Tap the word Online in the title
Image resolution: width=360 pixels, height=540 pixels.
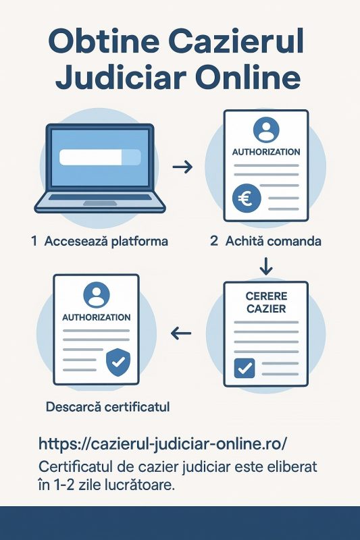248,78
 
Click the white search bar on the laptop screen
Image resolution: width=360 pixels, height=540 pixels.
100,157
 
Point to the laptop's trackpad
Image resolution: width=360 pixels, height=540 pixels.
100,204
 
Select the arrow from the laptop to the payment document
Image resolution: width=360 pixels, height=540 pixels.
182,167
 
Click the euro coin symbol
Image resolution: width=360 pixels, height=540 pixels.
247,198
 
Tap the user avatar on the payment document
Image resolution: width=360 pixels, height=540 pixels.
266,130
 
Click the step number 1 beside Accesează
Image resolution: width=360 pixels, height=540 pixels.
34,241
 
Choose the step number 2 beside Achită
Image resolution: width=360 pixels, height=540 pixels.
214,241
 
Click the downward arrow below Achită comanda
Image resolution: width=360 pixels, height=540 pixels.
266,265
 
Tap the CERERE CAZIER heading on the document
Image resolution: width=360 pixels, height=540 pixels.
266,302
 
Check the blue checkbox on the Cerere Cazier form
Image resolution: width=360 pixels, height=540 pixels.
245,368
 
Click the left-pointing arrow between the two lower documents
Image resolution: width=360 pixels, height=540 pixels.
181,333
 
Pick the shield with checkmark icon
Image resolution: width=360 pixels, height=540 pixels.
118,362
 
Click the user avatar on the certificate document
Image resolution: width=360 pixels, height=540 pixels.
97,295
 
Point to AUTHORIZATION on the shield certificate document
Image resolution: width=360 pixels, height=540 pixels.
97,317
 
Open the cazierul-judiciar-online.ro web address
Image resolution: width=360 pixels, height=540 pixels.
162,443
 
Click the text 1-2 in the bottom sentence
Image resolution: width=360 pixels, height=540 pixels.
64,485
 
